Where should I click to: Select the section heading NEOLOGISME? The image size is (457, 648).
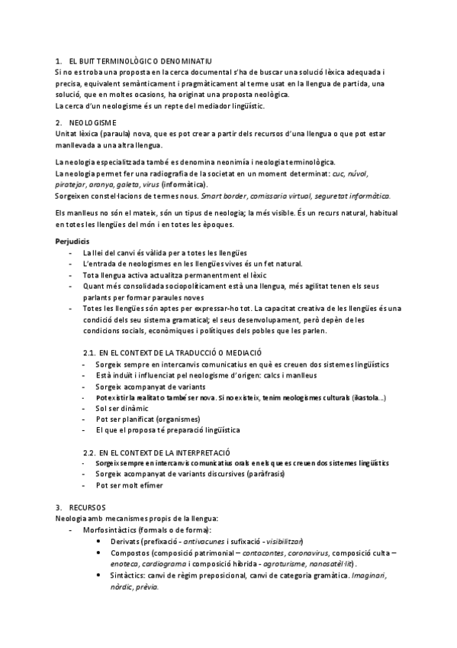pos(92,122)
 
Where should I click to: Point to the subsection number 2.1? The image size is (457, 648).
pos(89,354)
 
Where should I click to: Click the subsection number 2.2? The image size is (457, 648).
pos(89,452)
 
